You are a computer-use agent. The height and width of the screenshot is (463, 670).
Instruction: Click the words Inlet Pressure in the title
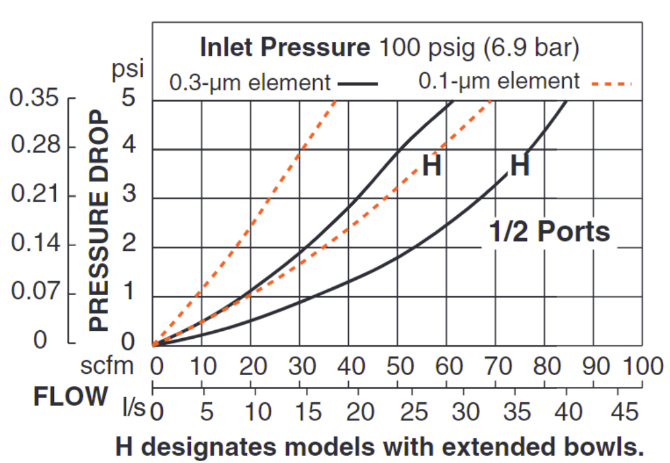point(285,47)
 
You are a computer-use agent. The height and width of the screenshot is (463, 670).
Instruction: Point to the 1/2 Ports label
point(549,232)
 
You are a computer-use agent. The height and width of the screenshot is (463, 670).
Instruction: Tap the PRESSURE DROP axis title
point(99,221)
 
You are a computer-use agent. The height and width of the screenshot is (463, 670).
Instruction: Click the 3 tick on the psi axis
point(128,197)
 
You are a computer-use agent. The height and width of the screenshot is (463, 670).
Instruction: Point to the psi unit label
point(127,69)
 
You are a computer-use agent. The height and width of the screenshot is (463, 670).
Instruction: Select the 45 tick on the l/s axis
point(617,410)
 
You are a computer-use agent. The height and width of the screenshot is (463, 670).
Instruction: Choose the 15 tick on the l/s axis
point(306,410)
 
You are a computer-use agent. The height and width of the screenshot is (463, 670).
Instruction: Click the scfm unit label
point(107,366)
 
